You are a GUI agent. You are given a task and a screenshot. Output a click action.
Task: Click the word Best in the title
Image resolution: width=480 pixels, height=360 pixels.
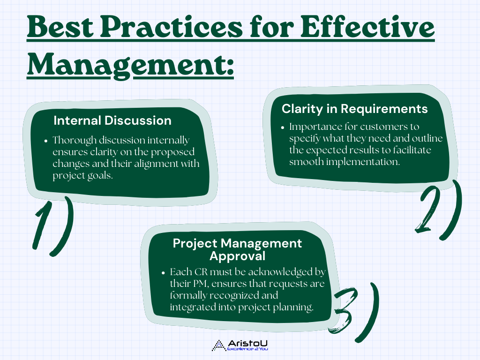coord(60,27)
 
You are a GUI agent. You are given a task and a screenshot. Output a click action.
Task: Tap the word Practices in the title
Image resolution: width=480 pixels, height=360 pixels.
coord(172,27)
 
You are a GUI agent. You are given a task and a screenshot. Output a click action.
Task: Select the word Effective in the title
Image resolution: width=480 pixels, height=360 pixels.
coord(367,27)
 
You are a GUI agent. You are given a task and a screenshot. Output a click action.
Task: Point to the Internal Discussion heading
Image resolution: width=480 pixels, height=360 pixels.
coord(112,120)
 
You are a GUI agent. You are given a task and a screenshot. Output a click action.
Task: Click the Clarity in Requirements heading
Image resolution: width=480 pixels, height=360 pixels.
coord(354,109)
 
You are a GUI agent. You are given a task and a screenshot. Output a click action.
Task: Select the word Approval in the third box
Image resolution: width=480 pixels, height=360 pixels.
coord(237,256)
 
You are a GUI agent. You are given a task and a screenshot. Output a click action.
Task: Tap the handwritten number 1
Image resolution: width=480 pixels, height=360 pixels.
coord(42,225)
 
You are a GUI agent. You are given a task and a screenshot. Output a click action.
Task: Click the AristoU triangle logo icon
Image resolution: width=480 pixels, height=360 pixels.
coord(218,345)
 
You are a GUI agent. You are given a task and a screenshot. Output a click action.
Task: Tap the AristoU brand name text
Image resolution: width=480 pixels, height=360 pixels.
coord(247,343)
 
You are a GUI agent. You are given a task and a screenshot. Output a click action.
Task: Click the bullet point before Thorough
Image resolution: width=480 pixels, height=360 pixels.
coord(46,141)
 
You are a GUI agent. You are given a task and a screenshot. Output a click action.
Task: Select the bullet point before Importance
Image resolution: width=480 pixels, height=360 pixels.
coord(283,127)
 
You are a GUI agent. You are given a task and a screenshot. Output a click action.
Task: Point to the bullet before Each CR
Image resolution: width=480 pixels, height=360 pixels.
coord(164,273)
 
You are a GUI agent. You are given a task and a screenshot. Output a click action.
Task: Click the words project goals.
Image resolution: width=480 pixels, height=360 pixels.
coord(82,176)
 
